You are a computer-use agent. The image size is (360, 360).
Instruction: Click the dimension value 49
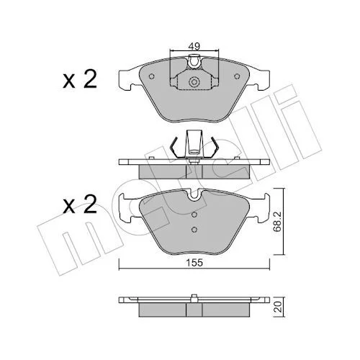(x=194, y=46)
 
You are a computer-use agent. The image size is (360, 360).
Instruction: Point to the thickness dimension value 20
(x=278, y=307)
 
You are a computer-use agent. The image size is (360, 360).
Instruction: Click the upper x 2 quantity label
(x=80, y=79)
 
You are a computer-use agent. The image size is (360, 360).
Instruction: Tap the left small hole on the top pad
(x=151, y=76)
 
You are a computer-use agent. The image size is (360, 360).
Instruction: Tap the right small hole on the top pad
(x=237, y=76)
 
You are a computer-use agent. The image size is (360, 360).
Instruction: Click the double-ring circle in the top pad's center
(x=194, y=82)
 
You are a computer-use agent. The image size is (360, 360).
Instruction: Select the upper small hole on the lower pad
(x=194, y=215)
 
